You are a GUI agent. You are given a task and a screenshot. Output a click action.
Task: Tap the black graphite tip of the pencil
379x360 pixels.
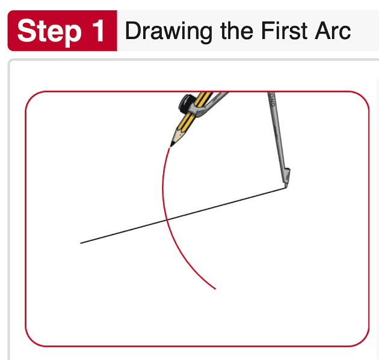(x=171, y=144)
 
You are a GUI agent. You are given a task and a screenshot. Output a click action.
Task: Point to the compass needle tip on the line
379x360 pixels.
(x=283, y=188)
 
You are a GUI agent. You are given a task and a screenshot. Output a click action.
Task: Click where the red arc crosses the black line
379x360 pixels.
(x=167, y=219)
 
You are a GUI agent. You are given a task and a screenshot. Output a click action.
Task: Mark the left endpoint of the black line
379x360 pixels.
(x=81, y=243)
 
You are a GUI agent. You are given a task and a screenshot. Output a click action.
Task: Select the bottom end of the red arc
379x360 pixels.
(x=215, y=289)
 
